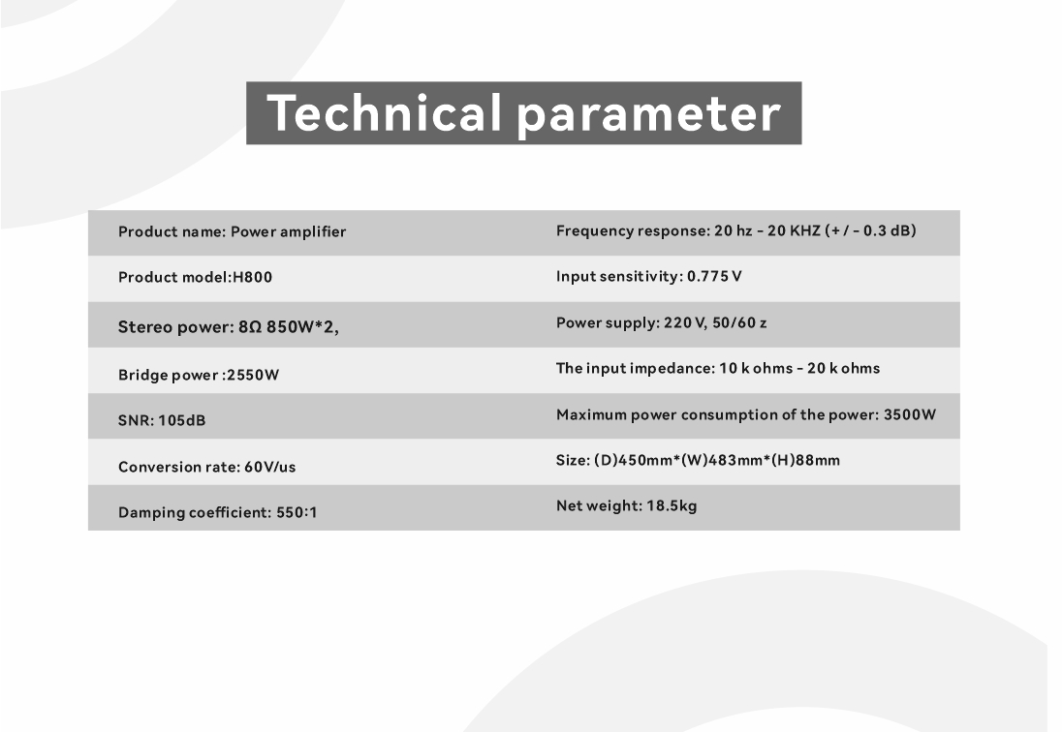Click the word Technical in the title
(x=384, y=112)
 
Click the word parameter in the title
(x=649, y=116)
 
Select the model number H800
(x=252, y=277)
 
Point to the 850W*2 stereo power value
(x=302, y=327)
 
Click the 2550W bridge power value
(x=253, y=375)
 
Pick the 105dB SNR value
(x=181, y=420)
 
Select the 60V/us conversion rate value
(x=269, y=467)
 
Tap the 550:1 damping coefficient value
(x=297, y=512)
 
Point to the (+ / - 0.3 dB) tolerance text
(x=870, y=230)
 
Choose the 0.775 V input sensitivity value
(x=714, y=276)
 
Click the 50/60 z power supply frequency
(x=739, y=322)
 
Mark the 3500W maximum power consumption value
(x=910, y=414)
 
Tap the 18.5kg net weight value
(x=672, y=505)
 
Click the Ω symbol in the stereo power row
(x=255, y=327)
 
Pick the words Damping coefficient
(x=195, y=512)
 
